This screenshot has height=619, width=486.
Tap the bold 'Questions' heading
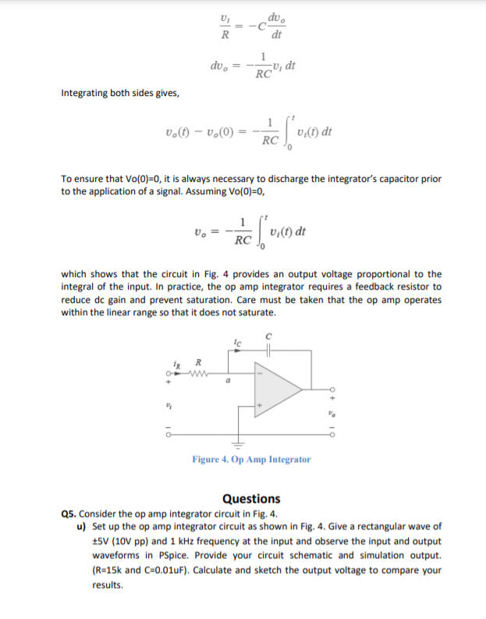click(251, 498)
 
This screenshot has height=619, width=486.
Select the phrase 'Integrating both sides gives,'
click(120, 94)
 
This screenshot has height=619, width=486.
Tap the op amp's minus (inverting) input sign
click(262, 372)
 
